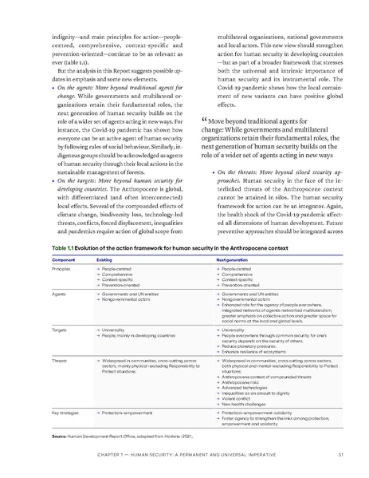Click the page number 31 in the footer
click(x=340, y=456)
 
